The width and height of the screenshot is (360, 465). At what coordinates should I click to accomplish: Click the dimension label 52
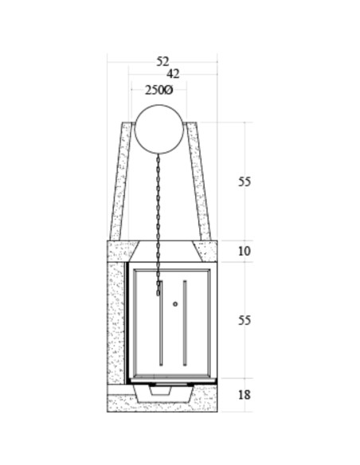pyautogui.click(x=162, y=61)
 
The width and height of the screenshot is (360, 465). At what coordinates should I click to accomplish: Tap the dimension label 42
pyautogui.click(x=173, y=74)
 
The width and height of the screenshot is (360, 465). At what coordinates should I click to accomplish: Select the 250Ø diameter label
pyautogui.click(x=158, y=90)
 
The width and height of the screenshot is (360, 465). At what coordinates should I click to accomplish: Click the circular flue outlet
pyautogui.click(x=159, y=129)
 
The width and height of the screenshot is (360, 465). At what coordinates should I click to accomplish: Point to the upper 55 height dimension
pyautogui.click(x=245, y=182)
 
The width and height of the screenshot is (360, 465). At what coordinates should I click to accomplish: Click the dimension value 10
pyautogui.click(x=245, y=251)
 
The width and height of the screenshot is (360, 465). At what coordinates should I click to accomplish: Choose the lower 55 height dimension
pyautogui.click(x=245, y=321)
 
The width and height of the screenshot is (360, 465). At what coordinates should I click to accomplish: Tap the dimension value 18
pyautogui.click(x=245, y=395)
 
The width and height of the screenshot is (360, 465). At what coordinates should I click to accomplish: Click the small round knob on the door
pyautogui.click(x=175, y=304)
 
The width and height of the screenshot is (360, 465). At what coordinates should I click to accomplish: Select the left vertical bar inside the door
pyautogui.click(x=161, y=323)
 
